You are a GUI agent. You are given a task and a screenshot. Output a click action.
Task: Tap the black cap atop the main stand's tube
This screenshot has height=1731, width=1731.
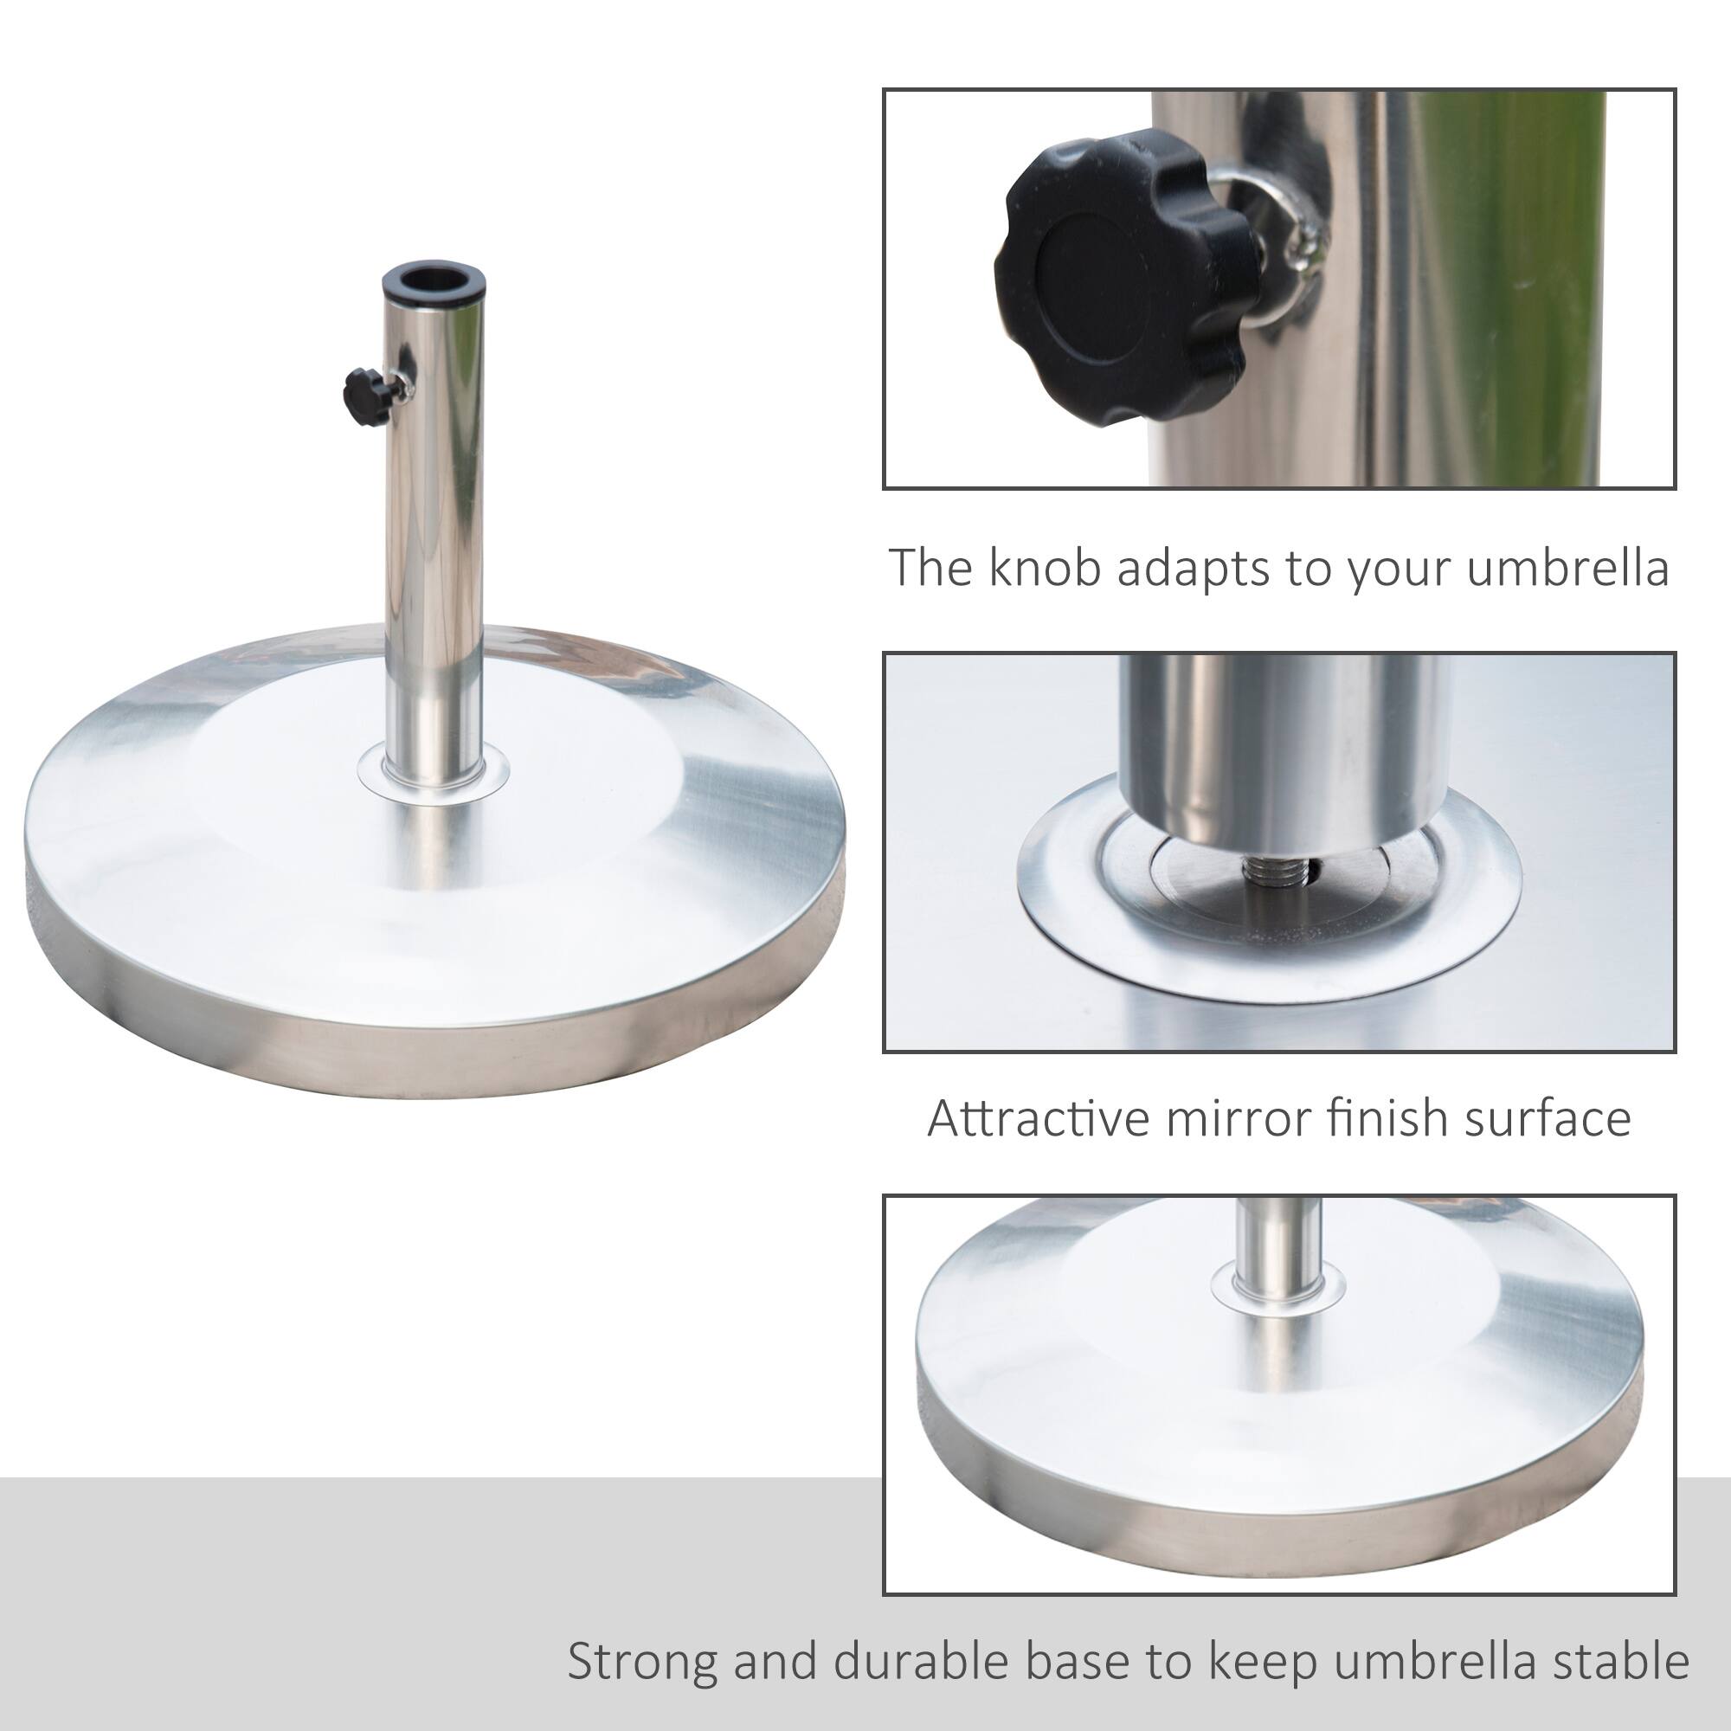(434, 284)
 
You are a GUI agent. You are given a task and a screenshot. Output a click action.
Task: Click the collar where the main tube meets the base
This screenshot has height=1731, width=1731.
(434, 771)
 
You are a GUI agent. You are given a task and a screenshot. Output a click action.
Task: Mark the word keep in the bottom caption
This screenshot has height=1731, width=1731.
(1263, 1636)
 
